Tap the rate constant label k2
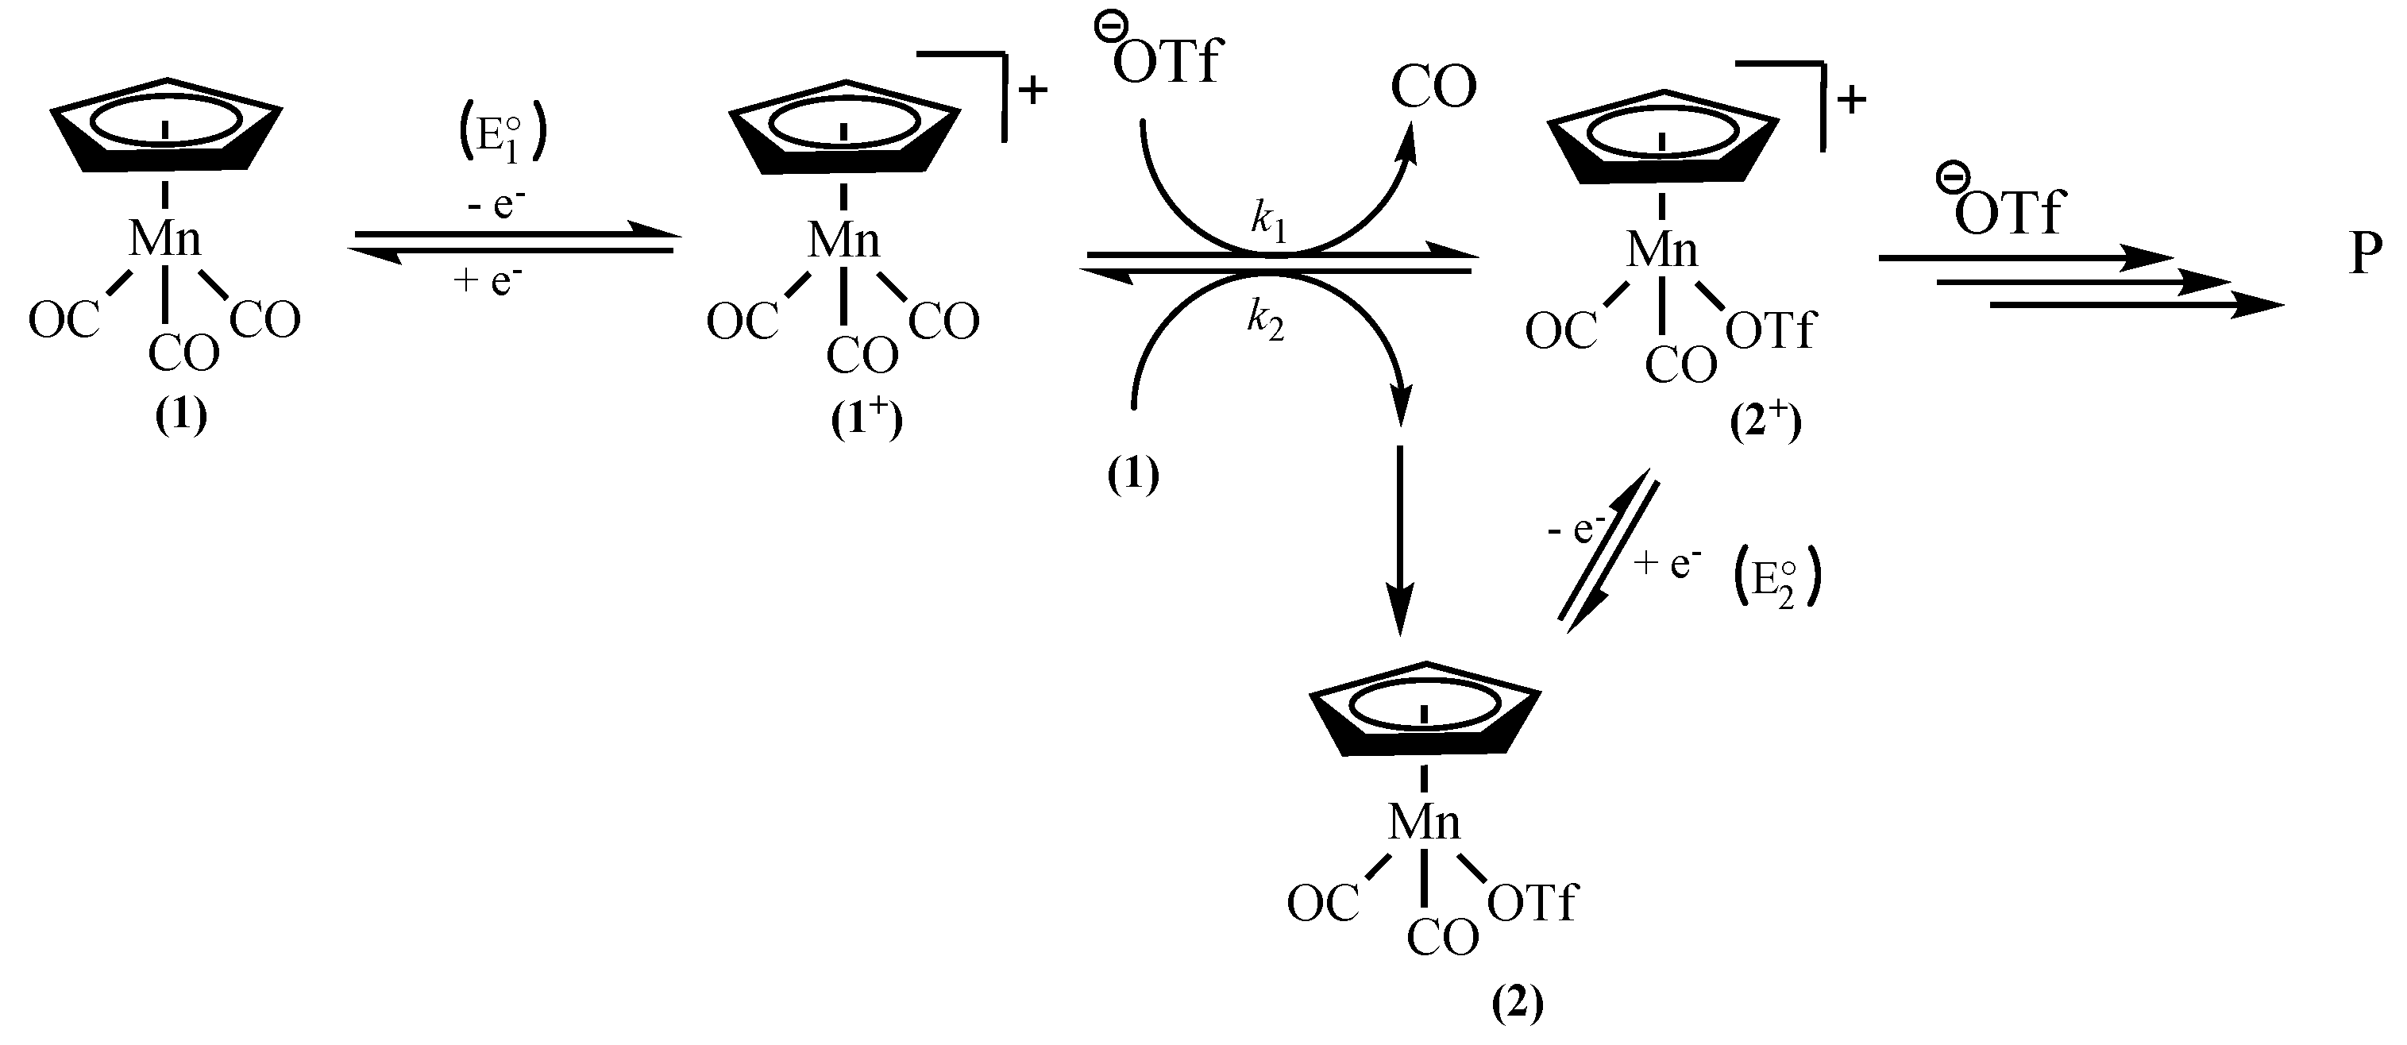click(x=1265, y=322)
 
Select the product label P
click(x=2365, y=253)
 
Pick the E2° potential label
click(x=1776, y=584)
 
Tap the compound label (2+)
click(x=1763, y=422)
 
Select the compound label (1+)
click(x=866, y=421)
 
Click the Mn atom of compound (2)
click(x=1423, y=823)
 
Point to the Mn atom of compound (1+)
click(x=843, y=241)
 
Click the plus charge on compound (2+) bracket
click(x=1851, y=99)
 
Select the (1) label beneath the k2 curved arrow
click(x=1132, y=475)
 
